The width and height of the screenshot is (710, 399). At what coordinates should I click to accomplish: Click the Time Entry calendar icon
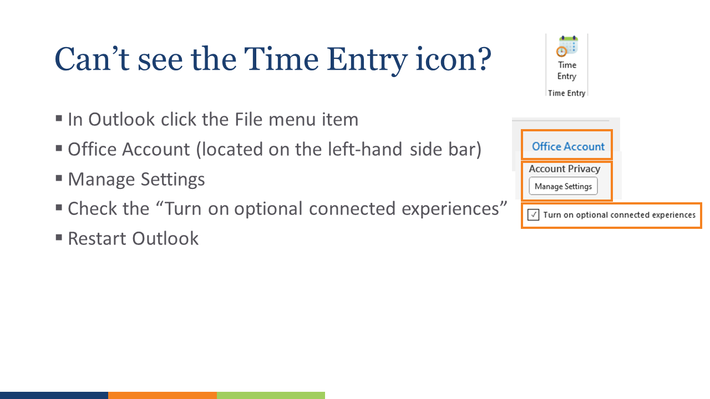pyautogui.click(x=567, y=47)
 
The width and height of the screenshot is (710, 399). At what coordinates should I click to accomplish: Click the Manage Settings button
pyautogui.click(x=563, y=186)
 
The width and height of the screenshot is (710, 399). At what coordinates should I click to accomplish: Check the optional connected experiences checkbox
pyautogui.click(x=533, y=215)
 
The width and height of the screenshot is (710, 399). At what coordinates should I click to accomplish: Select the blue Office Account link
pyautogui.click(x=568, y=146)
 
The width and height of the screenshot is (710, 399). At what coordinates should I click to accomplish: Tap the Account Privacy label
pyautogui.click(x=564, y=169)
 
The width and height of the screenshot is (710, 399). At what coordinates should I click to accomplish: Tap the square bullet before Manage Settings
pyautogui.click(x=59, y=178)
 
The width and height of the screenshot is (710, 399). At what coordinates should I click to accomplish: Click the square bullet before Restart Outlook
pyautogui.click(x=59, y=238)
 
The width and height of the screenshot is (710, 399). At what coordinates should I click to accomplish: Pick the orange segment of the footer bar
pyautogui.click(x=162, y=395)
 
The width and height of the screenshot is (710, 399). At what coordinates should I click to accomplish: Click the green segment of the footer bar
pyautogui.click(x=271, y=395)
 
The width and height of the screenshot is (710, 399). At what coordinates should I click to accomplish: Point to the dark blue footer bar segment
pyautogui.click(x=54, y=395)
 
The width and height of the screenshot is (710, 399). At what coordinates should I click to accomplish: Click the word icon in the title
pyautogui.click(x=447, y=59)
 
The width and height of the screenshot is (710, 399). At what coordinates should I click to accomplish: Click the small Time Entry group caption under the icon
pyautogui.click(x=566, y=93)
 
